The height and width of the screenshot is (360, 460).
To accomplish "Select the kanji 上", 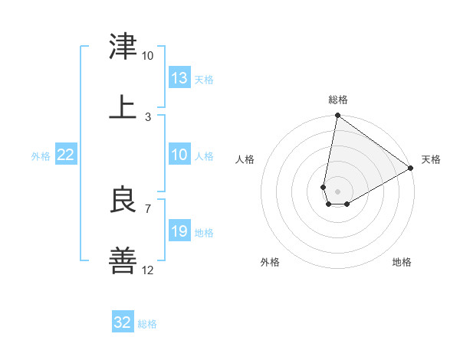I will tap(123, 106).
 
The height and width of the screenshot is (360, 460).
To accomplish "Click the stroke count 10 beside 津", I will tap(147, 56).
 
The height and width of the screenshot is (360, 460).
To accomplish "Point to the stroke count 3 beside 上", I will tap(147, 116).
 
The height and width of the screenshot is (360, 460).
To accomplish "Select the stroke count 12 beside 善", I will tap(147, 270).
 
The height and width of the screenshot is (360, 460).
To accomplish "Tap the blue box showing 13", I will tap(179, 78).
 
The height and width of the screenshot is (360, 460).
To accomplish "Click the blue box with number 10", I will tap(179, 155).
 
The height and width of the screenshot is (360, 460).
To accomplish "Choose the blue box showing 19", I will tap(179, 231).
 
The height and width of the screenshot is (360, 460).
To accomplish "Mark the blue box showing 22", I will tap(66, 155).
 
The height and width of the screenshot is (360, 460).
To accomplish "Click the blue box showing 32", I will tap(123, 322).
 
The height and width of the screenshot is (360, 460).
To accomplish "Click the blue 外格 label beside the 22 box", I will tap(41, 156).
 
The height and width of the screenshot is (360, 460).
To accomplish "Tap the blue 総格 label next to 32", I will tap(147, 324).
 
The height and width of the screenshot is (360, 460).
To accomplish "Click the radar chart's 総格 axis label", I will tap(338, 100).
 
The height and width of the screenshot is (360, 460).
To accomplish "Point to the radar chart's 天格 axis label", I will tap(431, 159).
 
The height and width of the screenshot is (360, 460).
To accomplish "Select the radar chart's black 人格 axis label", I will tap(245, 159).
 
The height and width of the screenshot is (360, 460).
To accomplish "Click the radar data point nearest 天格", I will tap(411, 169).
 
